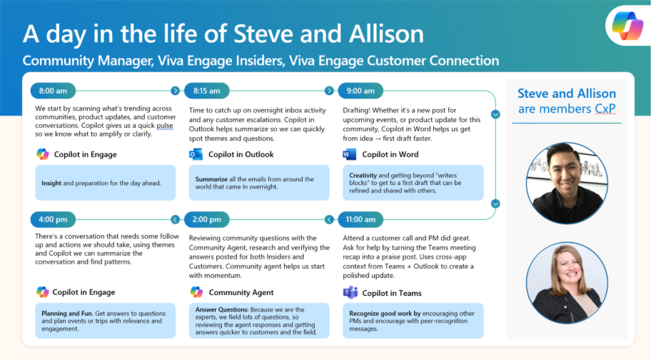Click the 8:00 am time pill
tap(53, 91)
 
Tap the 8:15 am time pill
tap(206, 91)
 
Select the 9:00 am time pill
tap(360, 91)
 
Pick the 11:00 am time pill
tap(360, 220)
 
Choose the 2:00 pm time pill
tap(206, 220)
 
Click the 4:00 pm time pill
tap(53, 220)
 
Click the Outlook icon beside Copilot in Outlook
tap(196, 154)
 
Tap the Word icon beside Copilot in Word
tap(350, 154)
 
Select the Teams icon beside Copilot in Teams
tap(350, 292)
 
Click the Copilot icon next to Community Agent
tap(196, 292)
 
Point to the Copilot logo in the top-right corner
tap(627, 26)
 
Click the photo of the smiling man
tap(567, 183)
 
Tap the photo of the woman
tap(567, 283)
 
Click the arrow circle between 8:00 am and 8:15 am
tap(175, 91)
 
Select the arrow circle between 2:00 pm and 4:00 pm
tap(175, 219)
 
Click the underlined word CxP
tap(605, 109)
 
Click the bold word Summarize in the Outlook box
tap(211, 179)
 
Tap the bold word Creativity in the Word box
tap(363, 175)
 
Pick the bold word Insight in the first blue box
tap(51, 183)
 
